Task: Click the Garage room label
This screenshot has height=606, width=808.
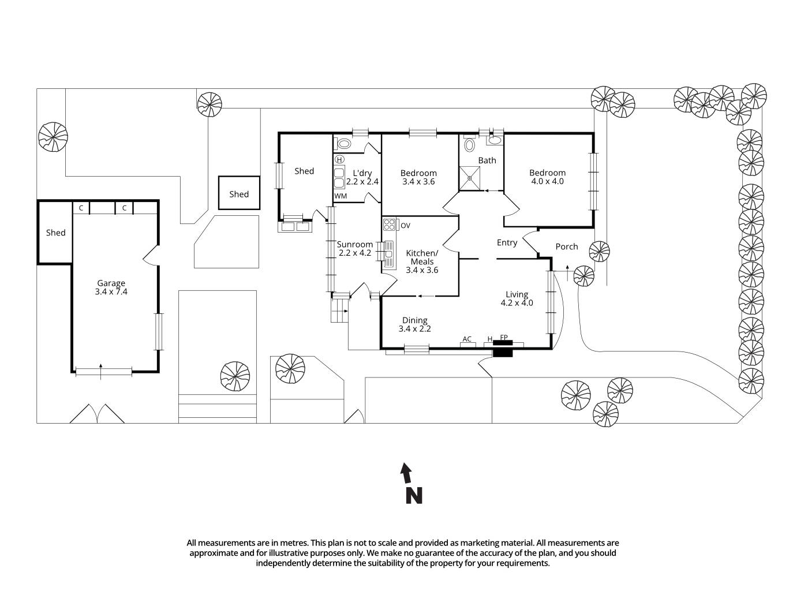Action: (x=111, y=283)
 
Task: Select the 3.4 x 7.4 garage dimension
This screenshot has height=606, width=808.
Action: (x=111, y=292)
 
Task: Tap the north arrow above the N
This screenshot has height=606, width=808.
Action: (x=406, y=473)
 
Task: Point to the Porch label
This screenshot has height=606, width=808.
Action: (x=566, y=246)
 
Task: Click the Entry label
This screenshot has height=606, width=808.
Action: (x=507, y=242)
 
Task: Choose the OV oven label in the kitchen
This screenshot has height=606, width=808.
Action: (x=405, y=225)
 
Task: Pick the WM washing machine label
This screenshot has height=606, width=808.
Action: (x=341, y=196)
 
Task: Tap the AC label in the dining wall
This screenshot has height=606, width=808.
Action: (x=467, y=339)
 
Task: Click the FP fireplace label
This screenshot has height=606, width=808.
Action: (x=503, y=338)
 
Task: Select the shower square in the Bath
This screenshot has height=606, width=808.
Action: (x=470, y=178)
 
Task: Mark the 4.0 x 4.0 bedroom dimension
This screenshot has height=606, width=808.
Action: (x=547, y=181)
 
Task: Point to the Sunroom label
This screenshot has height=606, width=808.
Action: (x=354, y=245)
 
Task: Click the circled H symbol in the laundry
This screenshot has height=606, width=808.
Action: (x=339, y=159)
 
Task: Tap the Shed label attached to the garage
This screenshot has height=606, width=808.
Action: (x=55, y=233)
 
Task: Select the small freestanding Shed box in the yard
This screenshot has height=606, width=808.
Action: (x=239, y=193)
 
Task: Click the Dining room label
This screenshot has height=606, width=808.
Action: (x=414, y=320)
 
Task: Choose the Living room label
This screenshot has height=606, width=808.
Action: (x=517, y=294)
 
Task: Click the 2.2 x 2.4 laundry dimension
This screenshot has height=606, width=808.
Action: (x=362, y=181)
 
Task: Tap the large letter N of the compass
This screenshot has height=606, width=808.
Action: (x=414, y=496)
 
